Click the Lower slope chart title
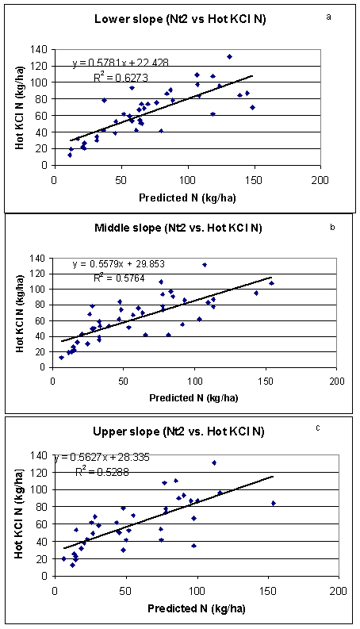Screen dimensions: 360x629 tap(179, 20)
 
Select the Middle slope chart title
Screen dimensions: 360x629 tap(178, 228)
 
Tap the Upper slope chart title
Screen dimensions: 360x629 tap(178, 431)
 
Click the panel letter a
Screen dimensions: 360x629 tap(329, 17)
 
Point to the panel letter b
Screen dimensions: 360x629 tap(332, 227)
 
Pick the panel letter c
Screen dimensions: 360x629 tap(318, 428)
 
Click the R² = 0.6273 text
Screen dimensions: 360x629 tap(121, 77)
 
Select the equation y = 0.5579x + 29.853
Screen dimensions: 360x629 tap(119, 265)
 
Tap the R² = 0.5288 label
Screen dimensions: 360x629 tap(101, 472)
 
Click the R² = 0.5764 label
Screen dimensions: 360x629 tap(119, 278)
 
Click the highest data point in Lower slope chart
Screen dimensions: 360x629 tap(229, 56)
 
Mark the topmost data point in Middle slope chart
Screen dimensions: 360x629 tap(205, 265)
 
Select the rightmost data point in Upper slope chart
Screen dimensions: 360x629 tap(274, 503)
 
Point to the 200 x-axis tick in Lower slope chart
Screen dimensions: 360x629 tap(320, 181)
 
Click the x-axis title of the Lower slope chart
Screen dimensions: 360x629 tap(187, 198)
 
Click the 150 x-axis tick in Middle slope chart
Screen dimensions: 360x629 tap(266, 381)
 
